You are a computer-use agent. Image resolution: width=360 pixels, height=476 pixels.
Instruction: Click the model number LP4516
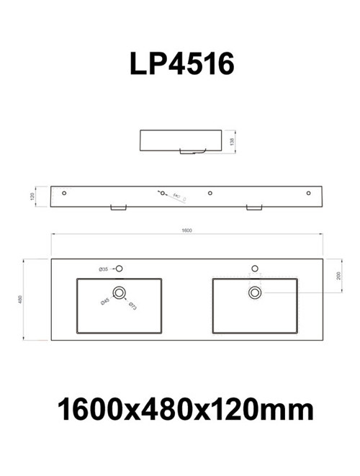pos(181,65)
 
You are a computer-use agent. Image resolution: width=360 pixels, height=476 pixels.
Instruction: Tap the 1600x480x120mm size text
pos(185,410)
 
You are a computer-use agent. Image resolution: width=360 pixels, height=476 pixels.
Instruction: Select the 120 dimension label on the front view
pos(32,196)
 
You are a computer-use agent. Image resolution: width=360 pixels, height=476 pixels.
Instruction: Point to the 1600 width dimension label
pos(186,230)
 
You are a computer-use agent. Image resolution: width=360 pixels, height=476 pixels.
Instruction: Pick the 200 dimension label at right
pos(338,276)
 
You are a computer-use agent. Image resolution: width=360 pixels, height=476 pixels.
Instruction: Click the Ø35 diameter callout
pos(104,269)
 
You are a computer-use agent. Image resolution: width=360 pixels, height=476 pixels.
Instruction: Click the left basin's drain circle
pos(119,292)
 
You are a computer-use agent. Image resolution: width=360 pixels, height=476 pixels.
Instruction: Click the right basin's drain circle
pos(254,292)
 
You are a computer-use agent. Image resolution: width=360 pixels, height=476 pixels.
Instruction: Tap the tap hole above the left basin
pos(120,269)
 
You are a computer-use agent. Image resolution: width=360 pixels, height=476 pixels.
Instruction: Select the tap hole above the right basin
pos(254,269)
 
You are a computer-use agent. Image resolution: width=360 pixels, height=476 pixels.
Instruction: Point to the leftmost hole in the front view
pos(64,193)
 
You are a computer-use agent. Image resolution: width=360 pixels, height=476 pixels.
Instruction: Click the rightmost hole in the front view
pos(309,193)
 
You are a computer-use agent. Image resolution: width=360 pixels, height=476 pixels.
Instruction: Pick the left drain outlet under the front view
pos(118,208)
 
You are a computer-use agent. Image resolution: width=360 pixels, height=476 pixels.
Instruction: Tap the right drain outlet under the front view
pos(255,208)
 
